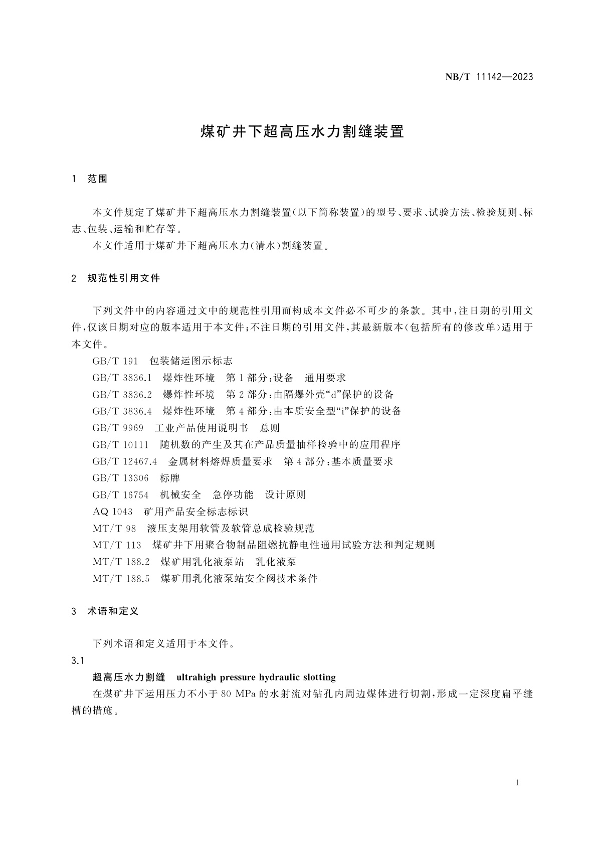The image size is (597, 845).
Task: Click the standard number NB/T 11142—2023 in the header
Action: click(x=489, y=77)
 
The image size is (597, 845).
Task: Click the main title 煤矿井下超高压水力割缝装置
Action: click(x=302, y=132)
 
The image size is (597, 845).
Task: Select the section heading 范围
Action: click(x=98, y=179)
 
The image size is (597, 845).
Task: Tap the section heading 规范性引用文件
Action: click(x=124, y=278)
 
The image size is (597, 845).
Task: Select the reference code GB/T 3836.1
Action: click(x=122, y=378)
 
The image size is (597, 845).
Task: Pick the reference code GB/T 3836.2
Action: click(x=122, y=395)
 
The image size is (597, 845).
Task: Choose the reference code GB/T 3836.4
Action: click(x=122, y=411)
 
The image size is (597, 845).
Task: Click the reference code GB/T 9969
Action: click(x=118, y=428)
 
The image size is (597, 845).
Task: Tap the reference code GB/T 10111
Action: click(x=120, y=445)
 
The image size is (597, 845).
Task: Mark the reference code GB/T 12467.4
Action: click(x=125, y=461)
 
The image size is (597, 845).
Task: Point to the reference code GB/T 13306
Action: click(x=120, y=478)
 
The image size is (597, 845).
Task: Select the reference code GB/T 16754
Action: click(x=120, y=495)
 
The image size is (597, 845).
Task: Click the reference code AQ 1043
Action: click(x=113, y=512)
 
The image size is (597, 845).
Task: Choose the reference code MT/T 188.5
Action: click(x=121, y=578)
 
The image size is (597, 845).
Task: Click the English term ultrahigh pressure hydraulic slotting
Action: click(x=256, y=678)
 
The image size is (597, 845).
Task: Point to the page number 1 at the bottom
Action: click(x=517, y=783)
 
